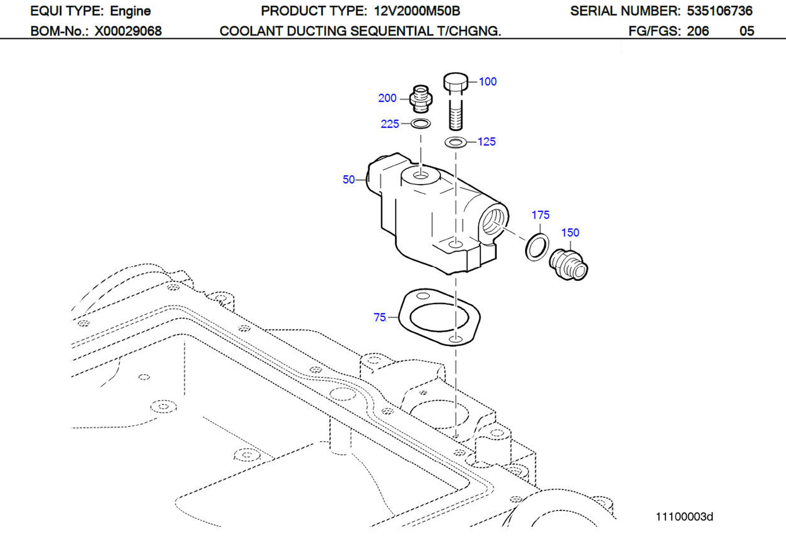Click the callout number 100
coord(487,82)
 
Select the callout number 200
coord(387,98)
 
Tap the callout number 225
coord(390,124)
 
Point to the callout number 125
coord(486,142)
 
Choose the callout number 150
coord(570,233)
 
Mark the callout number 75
coord(379,317)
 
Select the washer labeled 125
coord(456,142)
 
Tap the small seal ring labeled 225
coord(420,123)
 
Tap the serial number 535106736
coord(720,11)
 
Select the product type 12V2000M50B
coord(417,11)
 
